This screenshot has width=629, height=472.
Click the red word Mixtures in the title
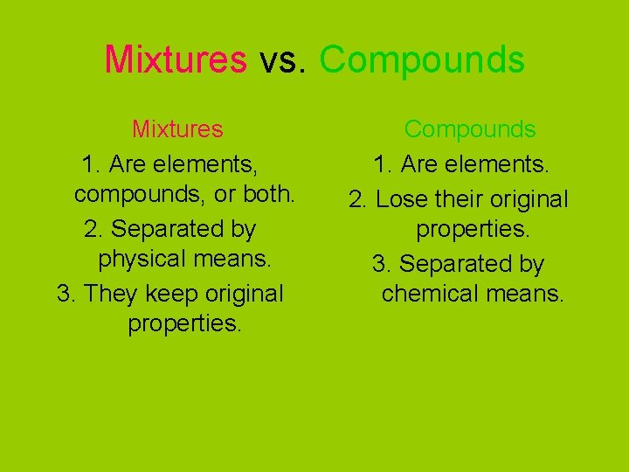176,59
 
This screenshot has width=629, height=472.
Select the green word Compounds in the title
422,59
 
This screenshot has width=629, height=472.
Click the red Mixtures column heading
177,129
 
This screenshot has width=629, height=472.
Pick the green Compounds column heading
469,129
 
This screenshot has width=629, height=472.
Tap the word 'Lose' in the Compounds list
402,199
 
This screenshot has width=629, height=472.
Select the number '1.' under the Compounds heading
383,163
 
